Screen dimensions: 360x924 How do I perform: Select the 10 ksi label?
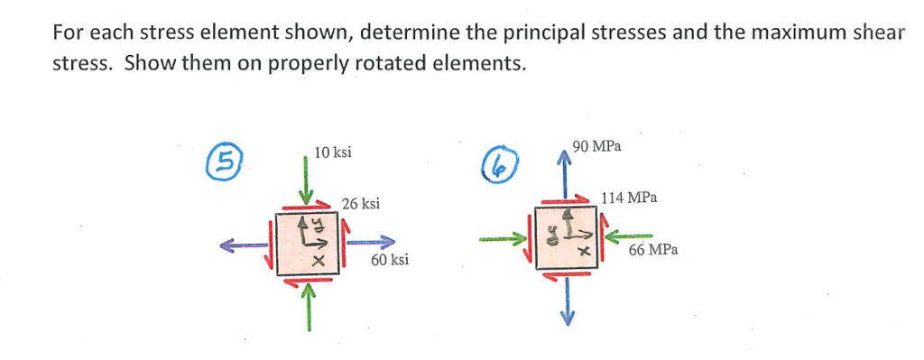pyautogui.click(x=333, y=152)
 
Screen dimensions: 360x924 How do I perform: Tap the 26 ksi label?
pyautogui.click(x=361, y=204)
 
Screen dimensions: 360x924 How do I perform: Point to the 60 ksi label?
pyautogui.click(x=390, y=260)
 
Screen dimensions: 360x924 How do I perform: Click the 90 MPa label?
pyautogui.click(x=596, y=145)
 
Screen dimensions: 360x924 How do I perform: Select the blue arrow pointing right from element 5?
pyautogui.click(x=370, y=242)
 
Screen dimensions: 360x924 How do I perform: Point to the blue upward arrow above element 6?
pyautogui.click(x=566, y=175)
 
